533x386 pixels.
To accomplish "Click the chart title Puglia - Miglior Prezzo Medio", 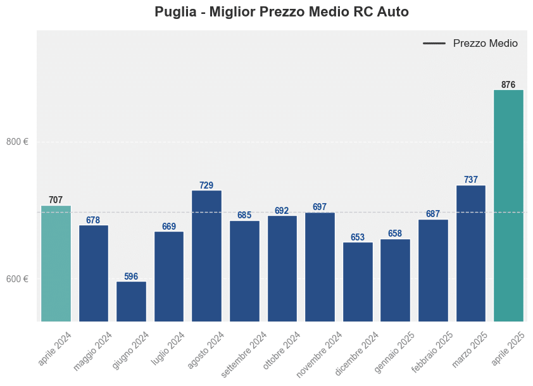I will [282, 12].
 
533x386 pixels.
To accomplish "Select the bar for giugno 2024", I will [131, 301].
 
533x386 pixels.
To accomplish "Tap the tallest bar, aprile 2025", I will [508, 206].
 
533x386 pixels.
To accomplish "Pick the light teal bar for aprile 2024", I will [56, 263].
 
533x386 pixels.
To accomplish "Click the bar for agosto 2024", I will [206, 256].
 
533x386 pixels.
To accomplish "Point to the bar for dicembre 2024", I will [358, 282].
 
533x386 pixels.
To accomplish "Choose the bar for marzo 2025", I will [471, 253].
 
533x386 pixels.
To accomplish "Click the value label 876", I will [508, 85].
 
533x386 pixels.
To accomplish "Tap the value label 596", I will [131, 277].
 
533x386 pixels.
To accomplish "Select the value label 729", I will [206, 185].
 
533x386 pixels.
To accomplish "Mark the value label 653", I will [358, 237].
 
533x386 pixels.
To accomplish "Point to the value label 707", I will [56, 200].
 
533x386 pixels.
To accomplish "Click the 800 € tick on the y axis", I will [17, 142].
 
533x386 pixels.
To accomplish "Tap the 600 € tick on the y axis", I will [17, 279].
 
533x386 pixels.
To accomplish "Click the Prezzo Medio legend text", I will [486, 44].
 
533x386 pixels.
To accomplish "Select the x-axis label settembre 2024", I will [244, 354].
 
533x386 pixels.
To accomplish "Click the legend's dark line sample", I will [434, 44].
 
